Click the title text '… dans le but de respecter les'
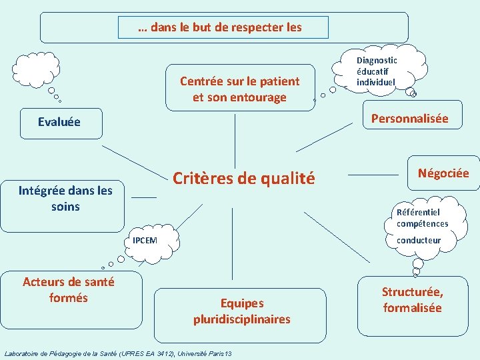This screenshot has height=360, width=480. [x=220, y=27]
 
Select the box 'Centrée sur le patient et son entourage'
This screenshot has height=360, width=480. [x=240, y=89]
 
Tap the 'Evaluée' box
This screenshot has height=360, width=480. [x=60, y=122]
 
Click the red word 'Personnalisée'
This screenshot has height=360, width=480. [x=409, y=119]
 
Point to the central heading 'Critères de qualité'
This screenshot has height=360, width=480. [x=243, y=178]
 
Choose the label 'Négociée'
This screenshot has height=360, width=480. [x=443, y=173]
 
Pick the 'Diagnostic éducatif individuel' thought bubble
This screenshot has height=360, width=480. [x=377, y=71]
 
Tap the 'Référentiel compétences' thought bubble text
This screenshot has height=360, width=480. [x=422, y=218]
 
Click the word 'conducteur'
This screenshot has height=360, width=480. [x=419, y=240]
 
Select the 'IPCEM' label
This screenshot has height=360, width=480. [x=145, y=240]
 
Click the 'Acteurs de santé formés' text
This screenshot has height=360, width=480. [x=69, y=289]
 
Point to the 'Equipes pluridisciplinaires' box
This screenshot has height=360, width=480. [x=241, y=311]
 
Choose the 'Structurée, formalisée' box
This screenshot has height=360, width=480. [x=412, y=299]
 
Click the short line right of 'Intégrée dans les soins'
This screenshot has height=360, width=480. [x=144, y=197]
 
